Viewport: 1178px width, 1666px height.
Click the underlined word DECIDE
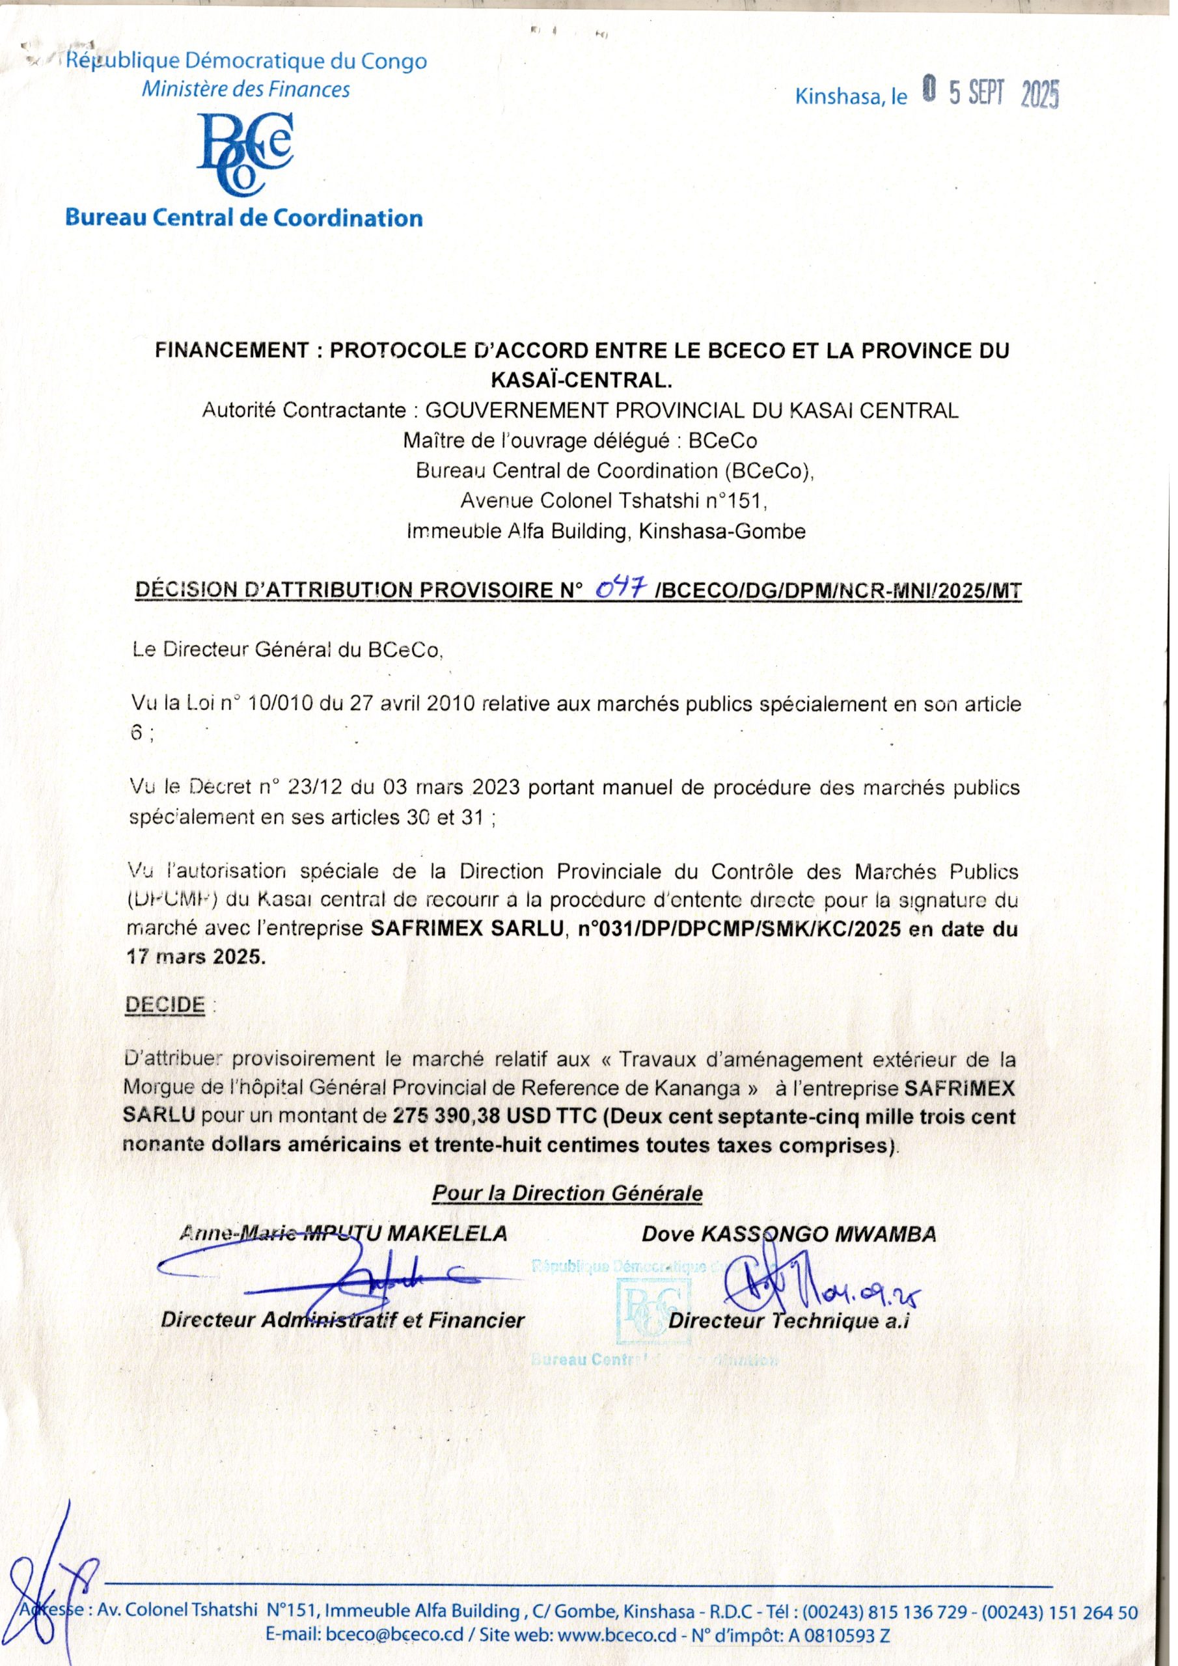(165, 1005)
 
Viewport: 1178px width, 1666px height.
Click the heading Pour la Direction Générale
(567, 1193)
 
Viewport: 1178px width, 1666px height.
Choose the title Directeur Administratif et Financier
(342, 1320)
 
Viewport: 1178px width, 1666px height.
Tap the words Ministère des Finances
(245, 90)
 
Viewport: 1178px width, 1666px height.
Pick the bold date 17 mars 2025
(195, 957)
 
